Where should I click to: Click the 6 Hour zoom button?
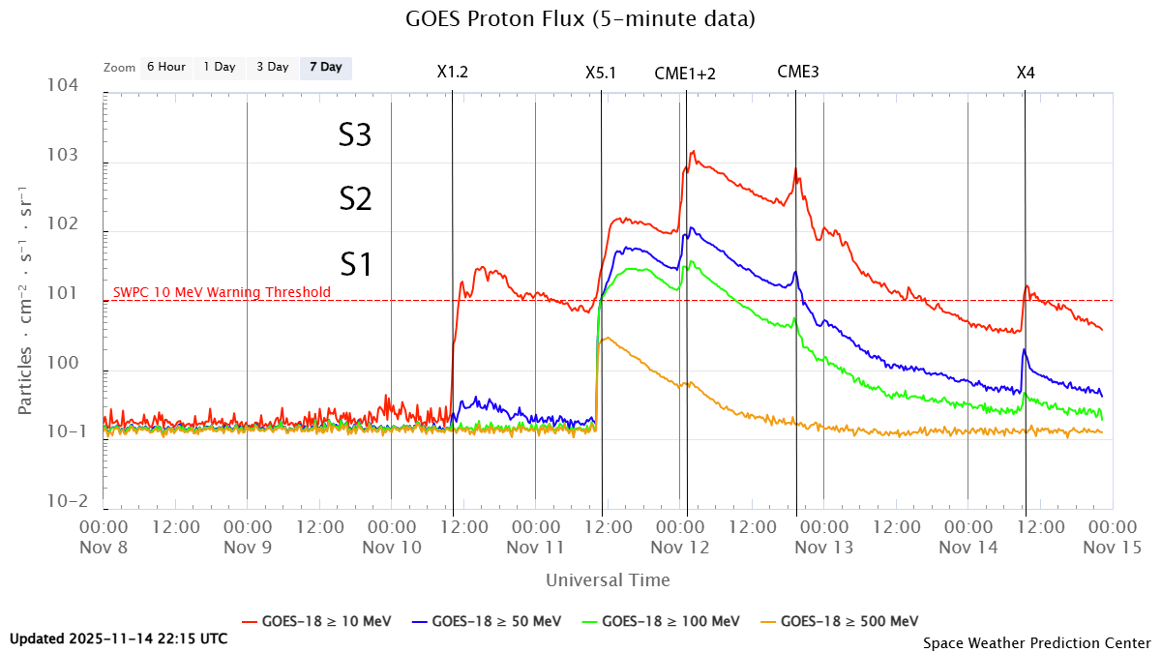pyautogui.click(x=165, y=68)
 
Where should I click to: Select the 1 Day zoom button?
pyautogui.click(x=219, y=68)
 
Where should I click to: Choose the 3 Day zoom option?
pyautogui.click(x=272, y=68)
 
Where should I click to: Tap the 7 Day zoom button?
pyautogui.click(x=325, y=68)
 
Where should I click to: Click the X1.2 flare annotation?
pyautogui.click(x=453, y=72)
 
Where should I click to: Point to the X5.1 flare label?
pyautogui.click(x=601, y=72)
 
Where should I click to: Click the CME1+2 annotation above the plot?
pyautogui.click(x=685, y=72)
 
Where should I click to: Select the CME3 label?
pyautogui.click(x=797, y=72)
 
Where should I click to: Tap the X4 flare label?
pyautogui.click(x=1026, y=72)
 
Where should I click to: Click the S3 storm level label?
pyautogui.click(x=355, y=136)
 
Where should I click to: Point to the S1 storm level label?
pyautogui.click(x=355, y=264)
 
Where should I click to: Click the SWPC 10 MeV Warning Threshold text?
pyautogui.click(x=222, y=292)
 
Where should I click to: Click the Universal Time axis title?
pyautogui.click(x=608, y=580)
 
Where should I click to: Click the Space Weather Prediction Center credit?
pyautogui.click(x=1036, y=642)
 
